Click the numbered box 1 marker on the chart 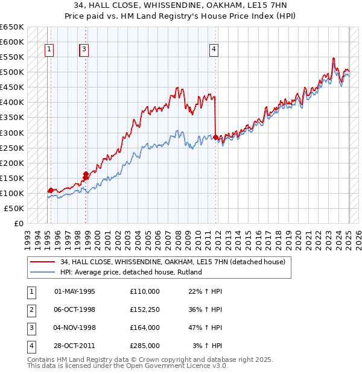pyautogui.click(x=48, y=50)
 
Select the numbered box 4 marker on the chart pyautogui.click(x=214, y=50)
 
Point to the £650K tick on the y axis pyautogui.click(x=12, y=27)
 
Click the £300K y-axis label pyautogui.click(x=12, y=133)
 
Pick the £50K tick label pyautogui.click(x=14, y=208)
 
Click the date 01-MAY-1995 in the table pyautogui.click(x=75, y=291)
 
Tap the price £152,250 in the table pyautogui.click(x=145, y=309)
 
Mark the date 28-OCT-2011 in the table pyautogui.click(x=75, y=346)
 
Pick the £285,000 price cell pyautogui.click(x=145, y=346)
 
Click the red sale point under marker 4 pyautogui.click(x=215, y=137)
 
